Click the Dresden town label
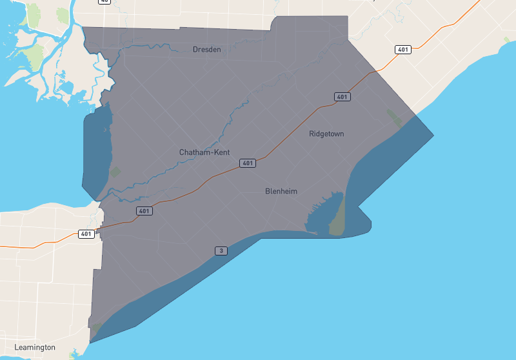coord(206,49)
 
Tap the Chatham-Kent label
coord(204,152)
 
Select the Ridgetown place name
coord(326,134)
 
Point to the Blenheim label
coord(281,191)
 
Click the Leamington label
coord(35,347)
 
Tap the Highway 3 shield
coord(221,250)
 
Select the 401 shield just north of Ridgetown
coord(342,97)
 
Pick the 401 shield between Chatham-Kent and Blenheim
coord(248,163)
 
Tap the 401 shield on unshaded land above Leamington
coord(86,234)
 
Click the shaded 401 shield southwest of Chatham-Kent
coord(144,211)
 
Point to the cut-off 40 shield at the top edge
coord(104,2)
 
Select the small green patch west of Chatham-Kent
coord(115,172)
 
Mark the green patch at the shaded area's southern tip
coord(97,328)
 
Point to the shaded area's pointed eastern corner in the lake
coord(433,135)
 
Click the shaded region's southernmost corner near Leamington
coord(90,342)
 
